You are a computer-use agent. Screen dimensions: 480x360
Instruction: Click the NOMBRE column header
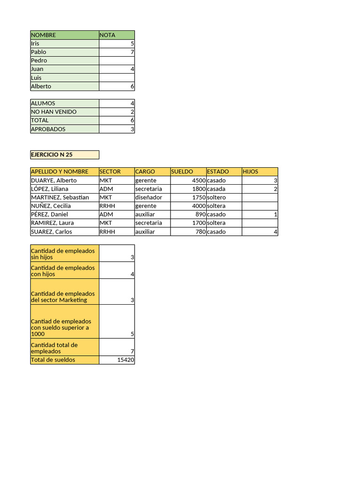44,35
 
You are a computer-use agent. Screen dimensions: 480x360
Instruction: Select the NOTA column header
107,35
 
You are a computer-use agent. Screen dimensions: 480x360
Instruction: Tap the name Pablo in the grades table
39,52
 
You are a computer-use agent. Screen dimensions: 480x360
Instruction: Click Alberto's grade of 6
132,86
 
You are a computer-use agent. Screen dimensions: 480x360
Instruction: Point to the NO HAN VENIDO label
54,112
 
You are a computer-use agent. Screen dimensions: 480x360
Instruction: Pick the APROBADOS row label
48,129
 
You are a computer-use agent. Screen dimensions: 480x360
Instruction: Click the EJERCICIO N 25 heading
52,155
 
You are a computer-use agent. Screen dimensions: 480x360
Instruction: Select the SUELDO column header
182,172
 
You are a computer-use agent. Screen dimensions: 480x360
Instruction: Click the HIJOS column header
250,172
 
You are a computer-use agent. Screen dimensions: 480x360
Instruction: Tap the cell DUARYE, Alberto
54,180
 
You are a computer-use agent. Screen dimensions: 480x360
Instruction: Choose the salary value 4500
199,180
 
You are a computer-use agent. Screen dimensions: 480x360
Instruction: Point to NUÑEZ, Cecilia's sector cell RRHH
107,206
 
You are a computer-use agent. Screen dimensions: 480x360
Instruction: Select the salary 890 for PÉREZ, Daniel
201,214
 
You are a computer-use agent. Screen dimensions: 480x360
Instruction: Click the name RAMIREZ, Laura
52,223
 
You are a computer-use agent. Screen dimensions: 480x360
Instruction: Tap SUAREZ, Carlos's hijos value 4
275,232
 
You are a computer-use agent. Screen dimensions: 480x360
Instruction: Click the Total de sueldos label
53,360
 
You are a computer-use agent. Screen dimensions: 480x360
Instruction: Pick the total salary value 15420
126,360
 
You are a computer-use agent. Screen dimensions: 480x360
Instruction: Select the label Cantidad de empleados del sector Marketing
63,297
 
